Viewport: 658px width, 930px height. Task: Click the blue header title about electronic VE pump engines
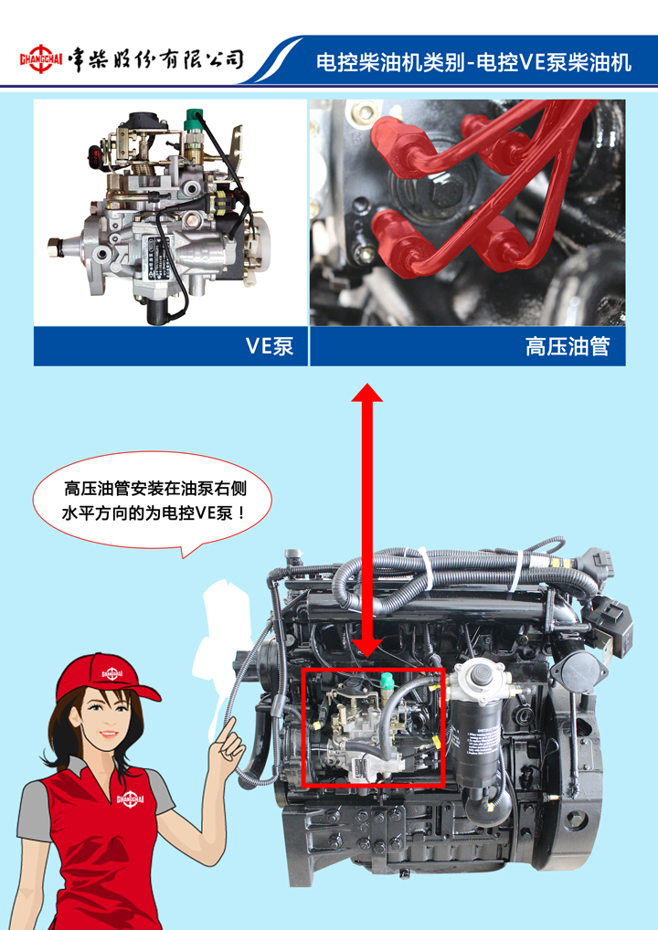click(x=472, y=62)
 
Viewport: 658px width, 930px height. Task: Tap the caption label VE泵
click(x=270, y=346)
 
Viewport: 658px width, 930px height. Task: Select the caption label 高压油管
click(x=568, y=346)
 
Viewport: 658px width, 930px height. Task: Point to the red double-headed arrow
click(x=367, y=520)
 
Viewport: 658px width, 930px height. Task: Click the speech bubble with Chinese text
click(x=153, y=502)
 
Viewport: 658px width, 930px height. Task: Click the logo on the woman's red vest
click(x=131, y=799)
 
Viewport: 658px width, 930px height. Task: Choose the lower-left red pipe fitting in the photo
click(x=395, y=240)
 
